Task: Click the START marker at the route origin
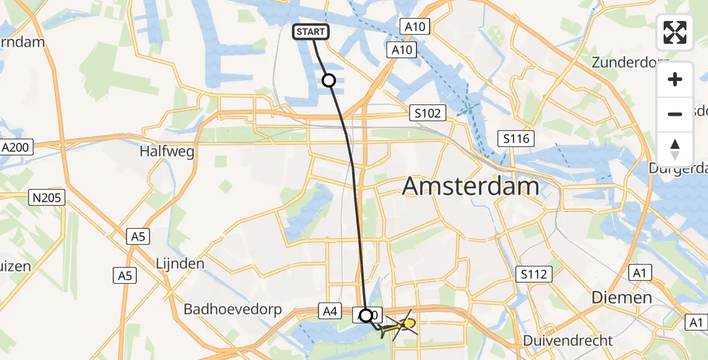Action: pos(310,32)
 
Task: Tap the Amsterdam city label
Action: pos(470,186)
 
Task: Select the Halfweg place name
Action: pos(167,152)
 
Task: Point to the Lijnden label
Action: pos(180,263)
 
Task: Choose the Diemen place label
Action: pos(622,297)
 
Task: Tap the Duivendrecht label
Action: pos(568,340)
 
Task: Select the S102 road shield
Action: pos(427,113)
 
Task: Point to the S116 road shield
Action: pos(516,139)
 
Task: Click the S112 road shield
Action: pos(533,274)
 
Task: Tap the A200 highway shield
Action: pos(17,147)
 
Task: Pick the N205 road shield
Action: pos(47,197)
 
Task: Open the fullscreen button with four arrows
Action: pos(675,32)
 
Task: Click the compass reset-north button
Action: pos(675,149)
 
